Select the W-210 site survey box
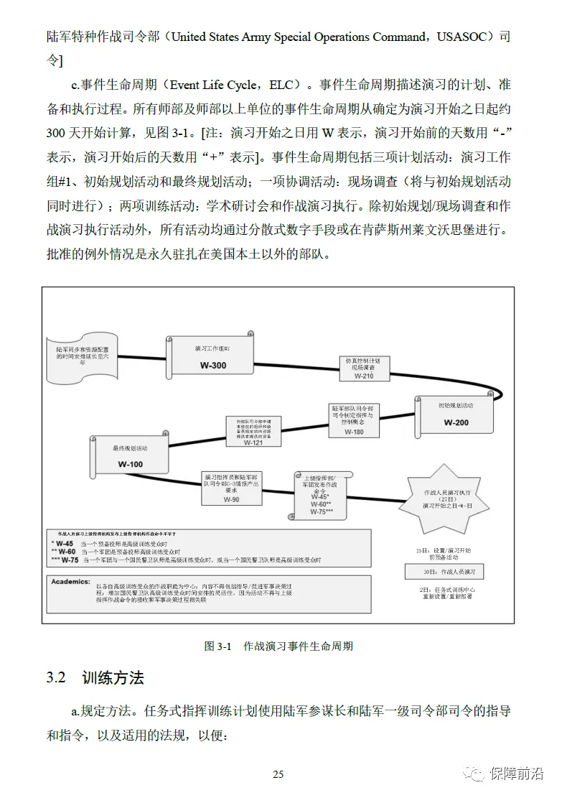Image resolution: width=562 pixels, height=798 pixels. [363, 368]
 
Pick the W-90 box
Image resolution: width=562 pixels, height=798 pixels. [231, 488]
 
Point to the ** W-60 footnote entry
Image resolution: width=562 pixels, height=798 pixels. [65, 552]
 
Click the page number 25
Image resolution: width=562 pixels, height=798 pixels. [278, 774]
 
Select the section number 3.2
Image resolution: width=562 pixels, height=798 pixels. [57, 678]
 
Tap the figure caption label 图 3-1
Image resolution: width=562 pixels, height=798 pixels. [216, 646]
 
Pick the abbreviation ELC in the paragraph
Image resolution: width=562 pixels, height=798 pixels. [281, 85]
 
